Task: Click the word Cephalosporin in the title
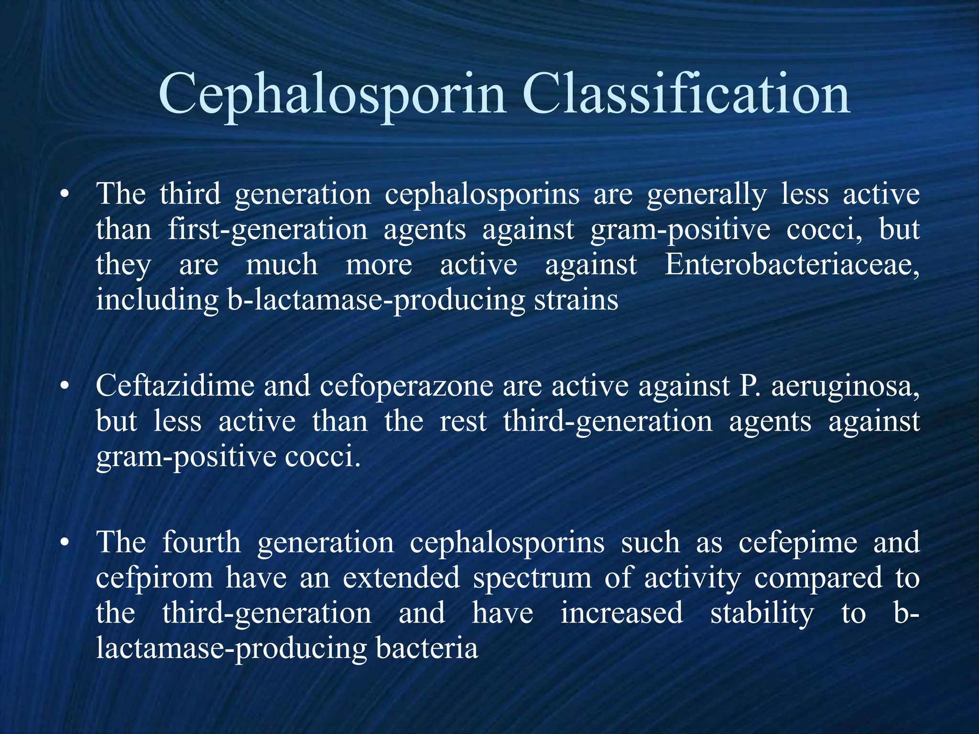pyautogui.click(x=331, y=95)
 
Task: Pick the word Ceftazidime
pyautogui.click(x=175, y=386)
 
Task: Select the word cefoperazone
pyautogui.click(x=406, y=386)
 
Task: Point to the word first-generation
pyautogui.click(x=267, y=230)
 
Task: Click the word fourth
pyautogui.click(x=201, y=542)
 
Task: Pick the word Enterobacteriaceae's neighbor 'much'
pyautogui.click(x=282, y=265)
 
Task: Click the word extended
pyautogui.click(x=401, y=578)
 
